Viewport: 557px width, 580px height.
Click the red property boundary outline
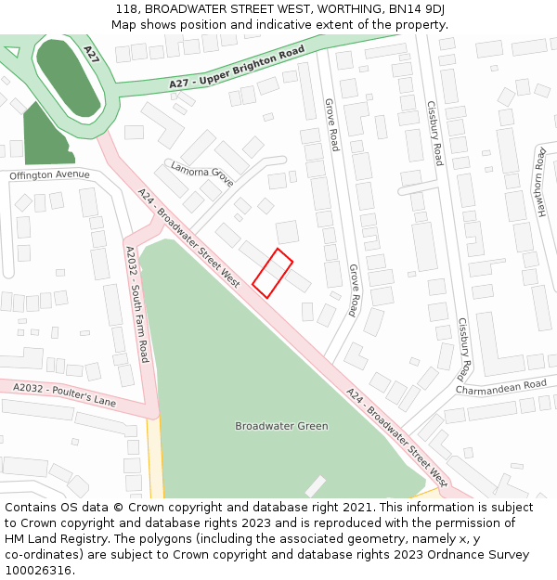tap(272, 274)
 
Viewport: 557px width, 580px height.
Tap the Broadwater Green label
tap(281, 426)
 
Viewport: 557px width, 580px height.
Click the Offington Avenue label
tap(49, 174)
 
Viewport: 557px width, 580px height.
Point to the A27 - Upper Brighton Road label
tap(237, 71)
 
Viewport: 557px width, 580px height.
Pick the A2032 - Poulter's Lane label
tap(64, 393)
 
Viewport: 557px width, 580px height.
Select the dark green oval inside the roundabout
tap(68, 77)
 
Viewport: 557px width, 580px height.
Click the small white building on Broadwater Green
tap(316, 485)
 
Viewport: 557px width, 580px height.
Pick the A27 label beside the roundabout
tap(91, 54)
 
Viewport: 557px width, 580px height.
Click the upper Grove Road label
tap(330, 125)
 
